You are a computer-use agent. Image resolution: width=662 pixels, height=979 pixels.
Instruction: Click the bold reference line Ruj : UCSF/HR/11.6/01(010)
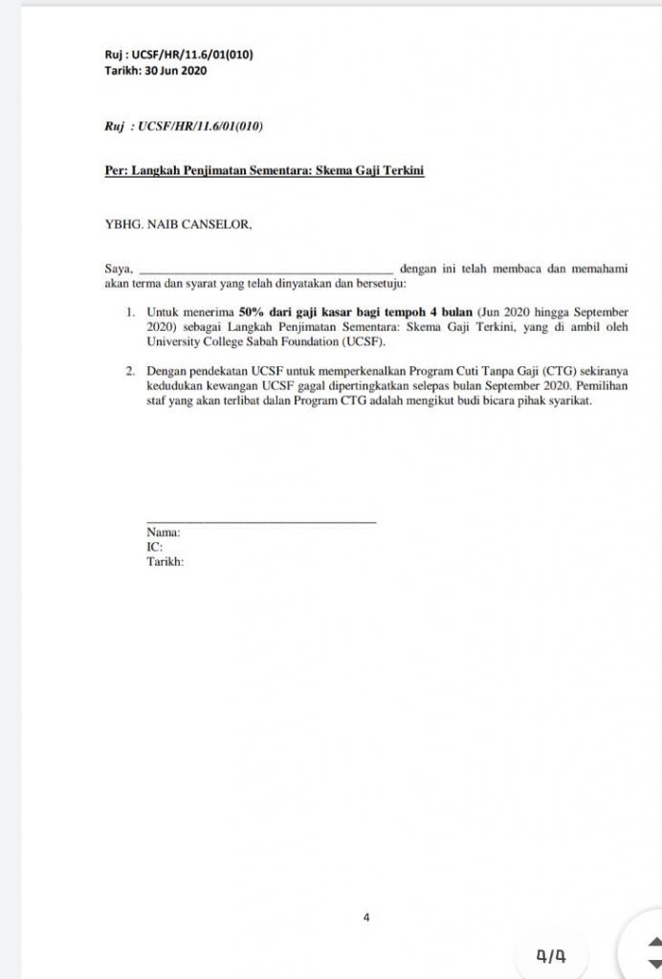pyautogui.click(x=179, y=55)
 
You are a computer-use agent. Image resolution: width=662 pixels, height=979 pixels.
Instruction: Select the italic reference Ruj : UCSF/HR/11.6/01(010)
pyautogui.click(x=184, y=125)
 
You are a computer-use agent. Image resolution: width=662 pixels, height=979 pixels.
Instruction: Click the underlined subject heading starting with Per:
pyautogui.click(x=264, y=171)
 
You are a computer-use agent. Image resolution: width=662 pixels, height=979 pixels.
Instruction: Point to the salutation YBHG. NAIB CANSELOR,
pyautogui.click(x=179, y=225)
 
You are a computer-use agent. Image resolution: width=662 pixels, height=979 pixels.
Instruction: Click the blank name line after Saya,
pyautogui.click(x=265, y=271)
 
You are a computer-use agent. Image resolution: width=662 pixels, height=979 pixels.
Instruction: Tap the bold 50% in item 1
pyautogui.click(x=251, y=313)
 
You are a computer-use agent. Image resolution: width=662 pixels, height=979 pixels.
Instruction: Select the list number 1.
pyautogui.click(x=131, y=313)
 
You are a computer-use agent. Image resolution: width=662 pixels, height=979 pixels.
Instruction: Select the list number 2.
pyautogui.click(x=131, y=370)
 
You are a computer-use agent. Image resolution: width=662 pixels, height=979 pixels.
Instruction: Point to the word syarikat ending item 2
pyautogui.click(x=568, y=401)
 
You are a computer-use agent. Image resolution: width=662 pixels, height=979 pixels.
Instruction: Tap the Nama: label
pyautogui.click(x=163, y=533)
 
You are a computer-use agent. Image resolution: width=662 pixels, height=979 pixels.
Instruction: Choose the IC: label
pyautogui.click(x=154, y=547)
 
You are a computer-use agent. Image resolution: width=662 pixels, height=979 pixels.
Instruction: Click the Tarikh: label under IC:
pyautogui.click(x=165, y=561)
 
